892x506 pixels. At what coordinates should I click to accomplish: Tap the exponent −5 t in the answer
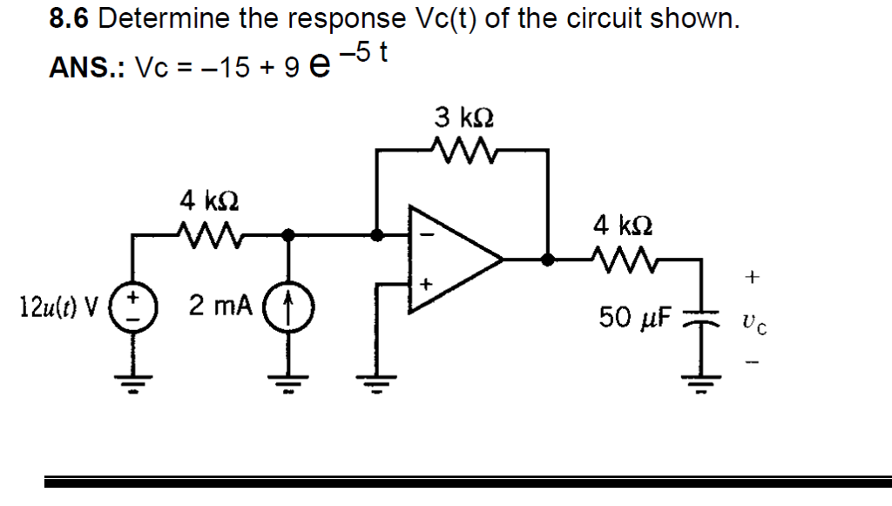pyautogui.click(x=366, y=54)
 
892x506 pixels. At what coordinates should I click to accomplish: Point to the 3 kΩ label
pyautogui.click(x=469, y=117)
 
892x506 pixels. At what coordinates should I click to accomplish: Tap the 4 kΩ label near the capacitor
pyautogui.click(x=622, y=226)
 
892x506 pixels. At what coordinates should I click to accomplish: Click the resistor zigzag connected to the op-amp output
pyautogui.click(x=622, y=258)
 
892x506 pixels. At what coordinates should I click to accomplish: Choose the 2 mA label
pyautogui.click(x=221, y=307)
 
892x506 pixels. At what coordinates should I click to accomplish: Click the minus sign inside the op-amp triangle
pyautogui.click(x=427, y=233)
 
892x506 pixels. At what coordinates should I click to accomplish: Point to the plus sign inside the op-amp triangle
pyautogui.click(x=427, y=284)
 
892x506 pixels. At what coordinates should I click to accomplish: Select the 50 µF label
pyautogui.click(x=631, y=317)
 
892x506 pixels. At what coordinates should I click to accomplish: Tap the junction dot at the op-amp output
pyautogui.click(x=547, y=259)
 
